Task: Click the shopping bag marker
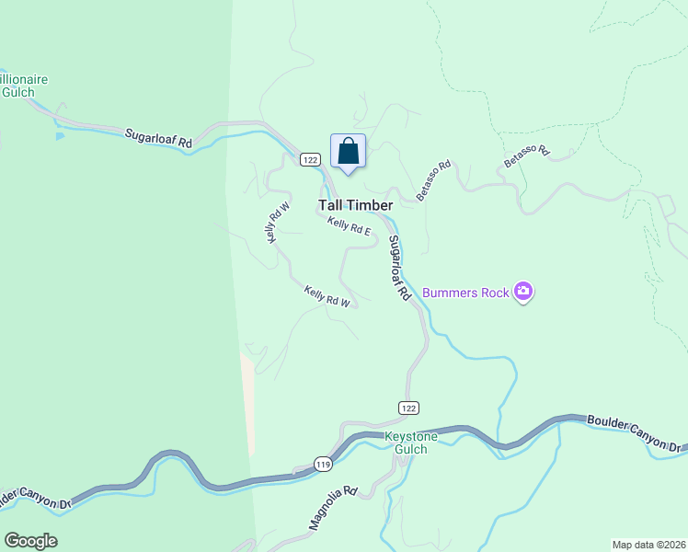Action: [348, 151]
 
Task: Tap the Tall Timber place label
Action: [355, 205]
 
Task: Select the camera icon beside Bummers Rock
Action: [523, 292]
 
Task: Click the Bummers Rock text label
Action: [465, 293]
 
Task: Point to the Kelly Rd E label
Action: [349, 226]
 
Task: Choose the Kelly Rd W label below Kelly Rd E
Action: [327, 296]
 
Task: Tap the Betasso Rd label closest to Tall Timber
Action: [433, 180]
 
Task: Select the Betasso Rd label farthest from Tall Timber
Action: [526, 155]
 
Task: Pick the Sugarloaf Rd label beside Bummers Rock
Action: [397, 269]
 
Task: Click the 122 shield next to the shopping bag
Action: [309, 160]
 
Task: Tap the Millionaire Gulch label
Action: [24, 86]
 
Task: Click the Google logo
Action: [30, 541]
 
